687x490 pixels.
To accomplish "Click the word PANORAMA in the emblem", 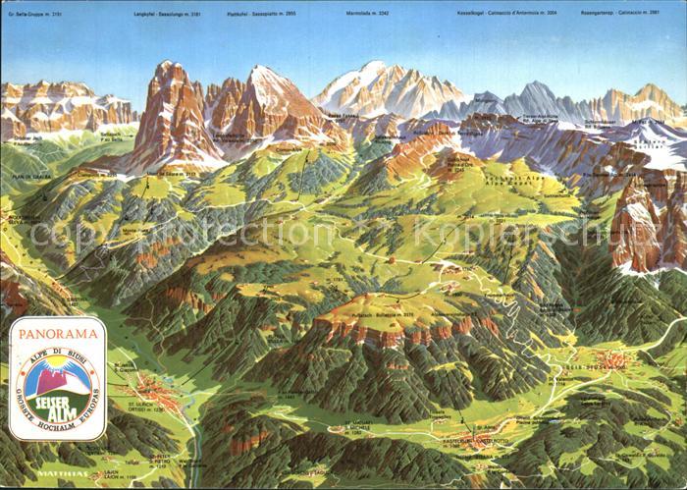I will (57, 333).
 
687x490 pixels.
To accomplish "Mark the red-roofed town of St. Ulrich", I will (157, 393).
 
